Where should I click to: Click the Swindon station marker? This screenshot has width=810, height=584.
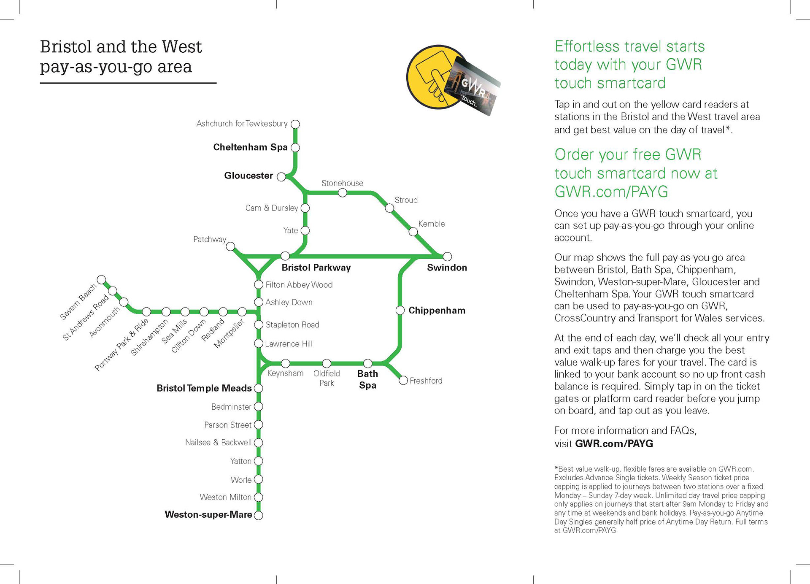click(x=447, y=257)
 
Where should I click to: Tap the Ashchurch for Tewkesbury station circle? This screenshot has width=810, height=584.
click(x=295, y=124)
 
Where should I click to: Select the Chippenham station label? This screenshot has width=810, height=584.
click(x=437, y=311)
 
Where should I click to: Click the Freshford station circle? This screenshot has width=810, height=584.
click(x=403, y=381)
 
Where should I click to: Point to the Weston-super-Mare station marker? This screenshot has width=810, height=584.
click(x=259, y=515)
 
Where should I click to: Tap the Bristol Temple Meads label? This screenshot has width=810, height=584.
click(x=204, y=388)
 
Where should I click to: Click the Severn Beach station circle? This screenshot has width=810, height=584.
click(x=101, y=280)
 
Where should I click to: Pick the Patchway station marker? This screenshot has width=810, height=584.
click(x=230, y=247)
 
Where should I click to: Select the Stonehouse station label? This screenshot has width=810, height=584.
click(x=342, y=183)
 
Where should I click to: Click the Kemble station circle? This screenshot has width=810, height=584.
click(x=413, y=232)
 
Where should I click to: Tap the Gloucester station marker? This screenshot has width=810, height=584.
click(x=281, y=177)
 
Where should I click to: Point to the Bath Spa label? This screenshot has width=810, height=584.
click(x=367, y=379)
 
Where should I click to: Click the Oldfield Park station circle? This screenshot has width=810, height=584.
click(x=327, y=363)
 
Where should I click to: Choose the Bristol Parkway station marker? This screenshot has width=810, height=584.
click(x=285, y=256)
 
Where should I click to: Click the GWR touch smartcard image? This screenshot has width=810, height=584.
click(x=475, y=87)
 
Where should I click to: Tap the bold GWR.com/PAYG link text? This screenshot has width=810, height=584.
click(x=614, y=444)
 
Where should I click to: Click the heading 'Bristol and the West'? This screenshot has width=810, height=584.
click(x=121, y=47)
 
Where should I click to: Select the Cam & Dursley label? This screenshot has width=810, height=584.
click(x=272, y=208)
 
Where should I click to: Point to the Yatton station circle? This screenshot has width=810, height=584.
click(x=259, y=461)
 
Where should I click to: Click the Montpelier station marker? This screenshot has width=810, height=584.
click(x=242, y=312)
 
